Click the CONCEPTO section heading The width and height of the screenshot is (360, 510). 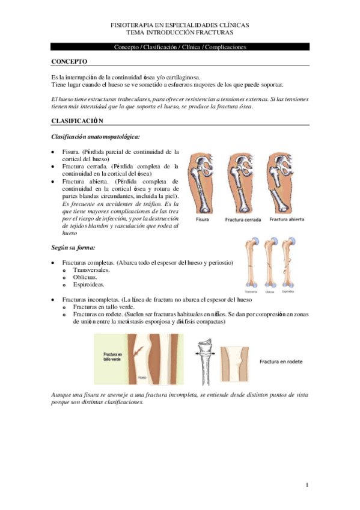(x=70, y=61)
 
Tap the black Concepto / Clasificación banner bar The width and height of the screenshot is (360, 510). (x=180, y=46)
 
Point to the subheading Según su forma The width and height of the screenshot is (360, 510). (x=75, y=247)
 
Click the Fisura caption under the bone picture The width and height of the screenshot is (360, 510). (x=202, y=221)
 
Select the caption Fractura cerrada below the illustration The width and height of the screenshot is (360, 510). (x=243, y=221)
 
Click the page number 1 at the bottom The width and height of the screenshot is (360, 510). (x=307, y=485)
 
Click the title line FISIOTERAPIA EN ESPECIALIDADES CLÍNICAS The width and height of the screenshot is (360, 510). (x=180, y=25)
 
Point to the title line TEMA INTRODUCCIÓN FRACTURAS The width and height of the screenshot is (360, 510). (x=180, y=32)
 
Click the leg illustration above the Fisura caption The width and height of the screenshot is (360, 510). (x=203, y=183)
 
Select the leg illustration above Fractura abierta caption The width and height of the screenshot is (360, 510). (x=284, y=183)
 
